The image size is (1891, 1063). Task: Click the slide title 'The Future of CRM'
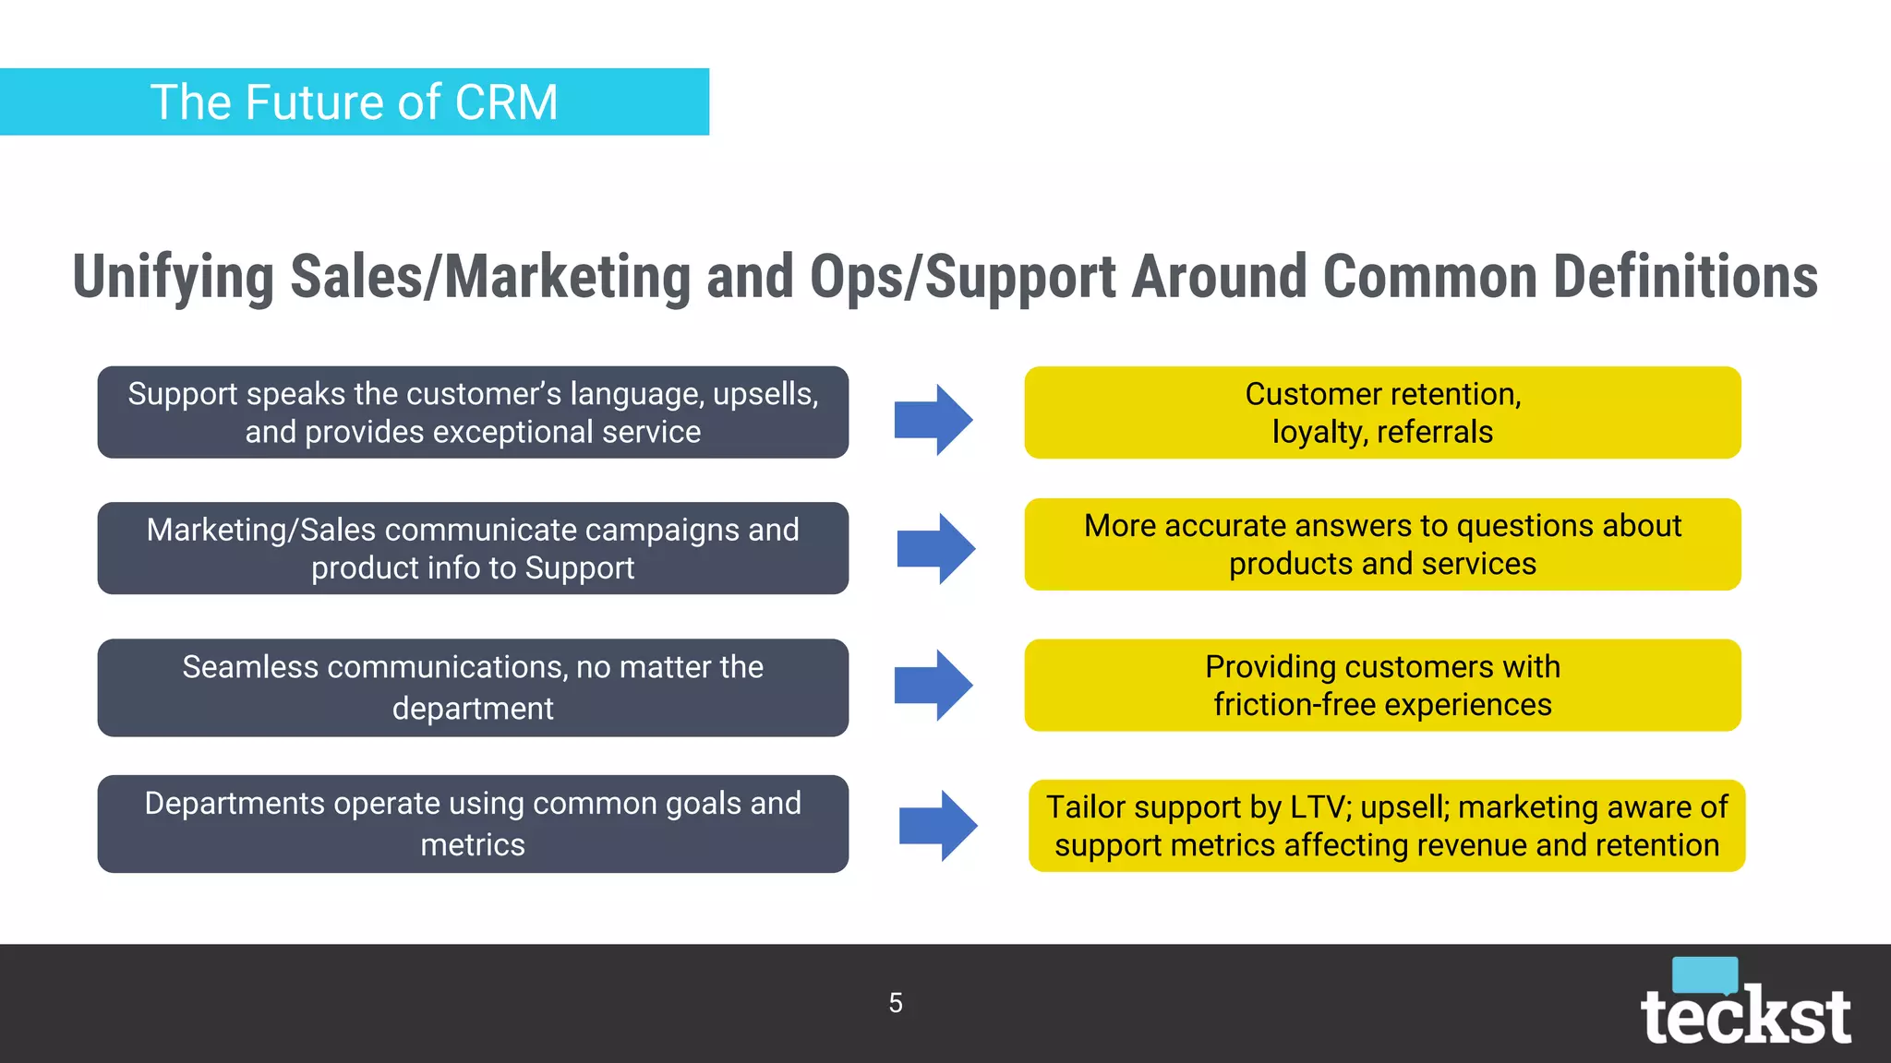coord(355,102)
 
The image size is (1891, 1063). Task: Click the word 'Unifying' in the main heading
coord(174,277)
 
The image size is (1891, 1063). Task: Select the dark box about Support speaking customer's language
coord(473,412)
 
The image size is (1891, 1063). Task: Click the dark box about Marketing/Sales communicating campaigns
coord(473,548)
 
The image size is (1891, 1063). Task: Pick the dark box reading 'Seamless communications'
coord(473,687)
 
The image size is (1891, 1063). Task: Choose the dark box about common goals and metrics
coord(473,824)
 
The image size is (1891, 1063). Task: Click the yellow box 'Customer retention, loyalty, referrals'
coord(1382,412)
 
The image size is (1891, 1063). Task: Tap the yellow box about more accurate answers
coord(1382,544)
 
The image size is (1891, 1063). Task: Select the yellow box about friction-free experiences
coord(1382,686)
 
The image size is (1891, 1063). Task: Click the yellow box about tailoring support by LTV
coord(1387,826)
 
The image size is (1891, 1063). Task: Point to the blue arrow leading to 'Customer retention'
coord(933,420)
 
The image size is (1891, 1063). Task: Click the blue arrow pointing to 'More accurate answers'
coord(936,548)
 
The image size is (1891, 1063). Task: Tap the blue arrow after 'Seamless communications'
coord(933,685)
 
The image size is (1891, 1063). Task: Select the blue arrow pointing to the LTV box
coord(938,826)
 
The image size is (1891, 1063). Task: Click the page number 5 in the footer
coord(896,1003)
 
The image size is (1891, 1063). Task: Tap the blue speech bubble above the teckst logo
coord(1704,974)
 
